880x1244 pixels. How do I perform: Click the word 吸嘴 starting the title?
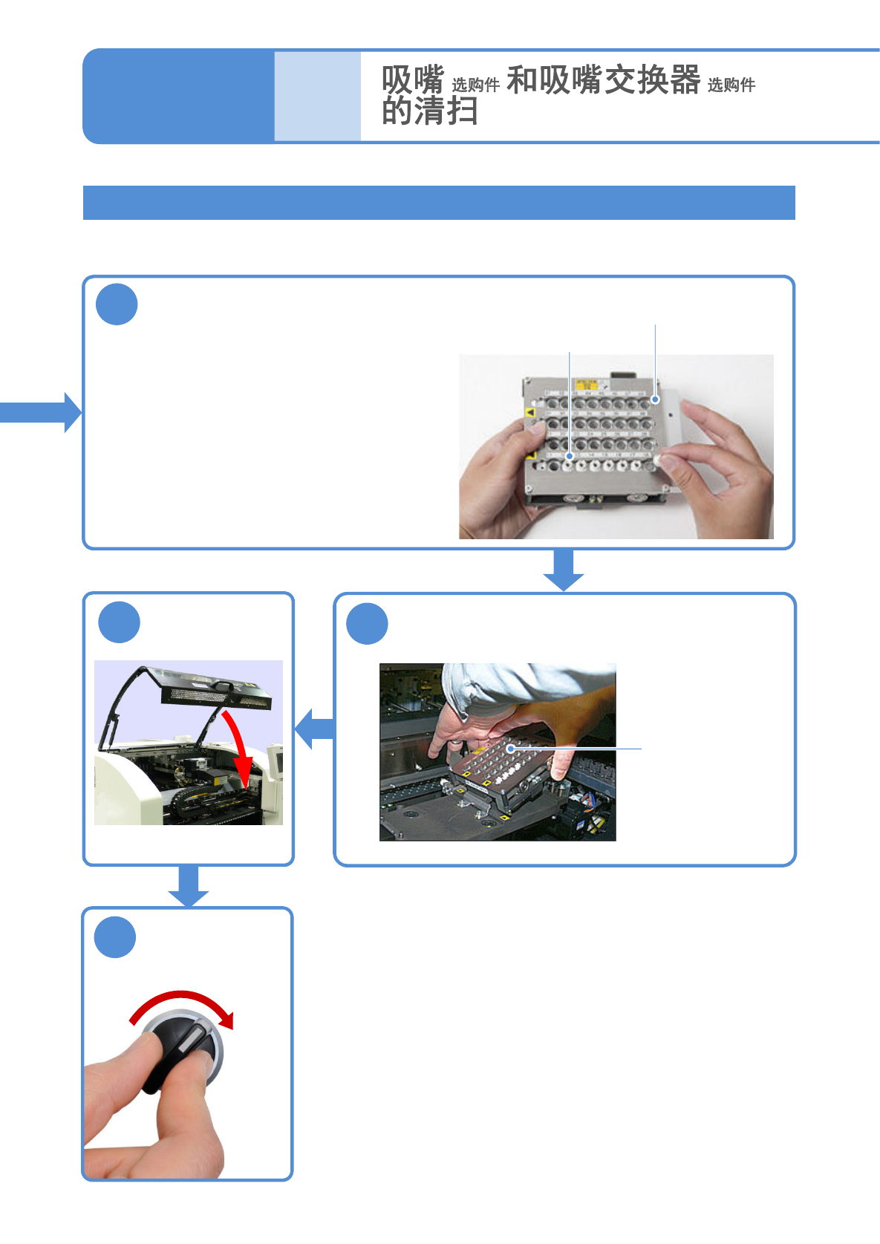point(413,79)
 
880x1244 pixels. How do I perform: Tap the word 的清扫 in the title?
point(429,111)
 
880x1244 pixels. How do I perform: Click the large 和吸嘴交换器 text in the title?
point(603,79)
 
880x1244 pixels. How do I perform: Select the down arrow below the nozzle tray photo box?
point(564,570)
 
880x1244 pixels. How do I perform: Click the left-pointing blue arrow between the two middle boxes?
point(315,729)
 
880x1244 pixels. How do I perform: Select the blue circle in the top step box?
point(117,305)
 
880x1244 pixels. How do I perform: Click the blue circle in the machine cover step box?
point(119,622)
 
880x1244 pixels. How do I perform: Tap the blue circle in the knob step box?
point(115,937)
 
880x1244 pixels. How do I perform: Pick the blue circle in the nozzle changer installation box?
point(367,624)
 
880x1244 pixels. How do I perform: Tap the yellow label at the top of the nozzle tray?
point(587,385)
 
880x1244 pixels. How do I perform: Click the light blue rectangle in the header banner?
point(317,96)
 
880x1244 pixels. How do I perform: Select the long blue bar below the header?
point(438,203)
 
